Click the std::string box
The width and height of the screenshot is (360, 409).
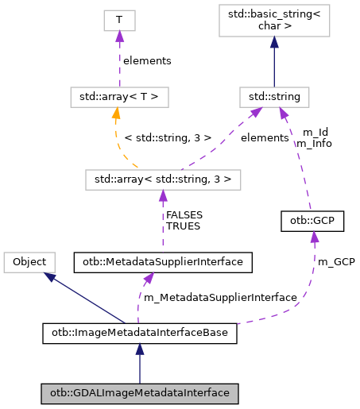(x=273, y=98)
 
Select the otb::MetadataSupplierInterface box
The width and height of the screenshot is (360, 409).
(x=163, y=260)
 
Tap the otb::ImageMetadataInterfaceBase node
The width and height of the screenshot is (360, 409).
(x=139, y=333)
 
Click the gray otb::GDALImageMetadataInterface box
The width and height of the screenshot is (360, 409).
(x=139, y=392)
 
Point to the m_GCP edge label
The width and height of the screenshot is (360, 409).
(x=335, y=261)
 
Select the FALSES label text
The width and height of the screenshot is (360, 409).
(x=183, y=214)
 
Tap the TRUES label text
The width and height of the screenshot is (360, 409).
(x=183, y=226)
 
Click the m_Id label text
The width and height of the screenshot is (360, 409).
(x=315, y=133)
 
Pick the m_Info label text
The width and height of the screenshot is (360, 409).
(x=315, y=144)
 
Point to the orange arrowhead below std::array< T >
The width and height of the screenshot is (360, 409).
(x=115, y=113)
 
